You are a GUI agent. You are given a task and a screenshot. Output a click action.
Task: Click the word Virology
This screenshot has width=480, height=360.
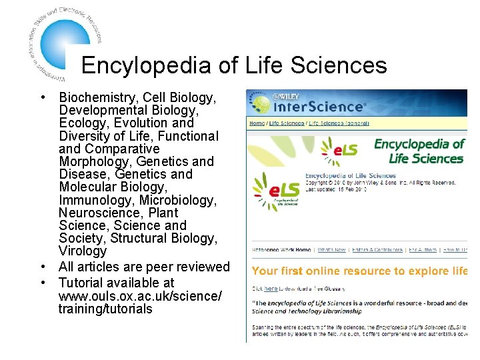[x=83, y=251]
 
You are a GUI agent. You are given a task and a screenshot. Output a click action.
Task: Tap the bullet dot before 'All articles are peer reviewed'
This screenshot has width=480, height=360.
[x=43, y=267]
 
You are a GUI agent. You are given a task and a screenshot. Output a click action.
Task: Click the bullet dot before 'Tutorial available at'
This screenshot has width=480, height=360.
[x=43, y=283]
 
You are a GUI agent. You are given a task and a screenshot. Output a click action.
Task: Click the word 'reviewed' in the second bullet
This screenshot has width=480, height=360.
[x=203, y=267]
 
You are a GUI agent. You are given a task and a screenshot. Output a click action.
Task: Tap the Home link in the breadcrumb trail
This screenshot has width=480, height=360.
[x=257, y=123]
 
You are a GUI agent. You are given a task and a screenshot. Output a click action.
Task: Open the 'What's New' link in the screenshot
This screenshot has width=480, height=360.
[x=331, y=250]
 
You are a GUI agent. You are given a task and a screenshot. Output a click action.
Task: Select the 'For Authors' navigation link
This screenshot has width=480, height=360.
[x=423, y=250]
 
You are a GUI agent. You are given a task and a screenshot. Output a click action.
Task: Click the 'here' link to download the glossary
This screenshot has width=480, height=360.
[x=271, y=289]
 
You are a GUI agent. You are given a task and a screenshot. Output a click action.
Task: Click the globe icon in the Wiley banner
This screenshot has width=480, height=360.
[x=260, y=103]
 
